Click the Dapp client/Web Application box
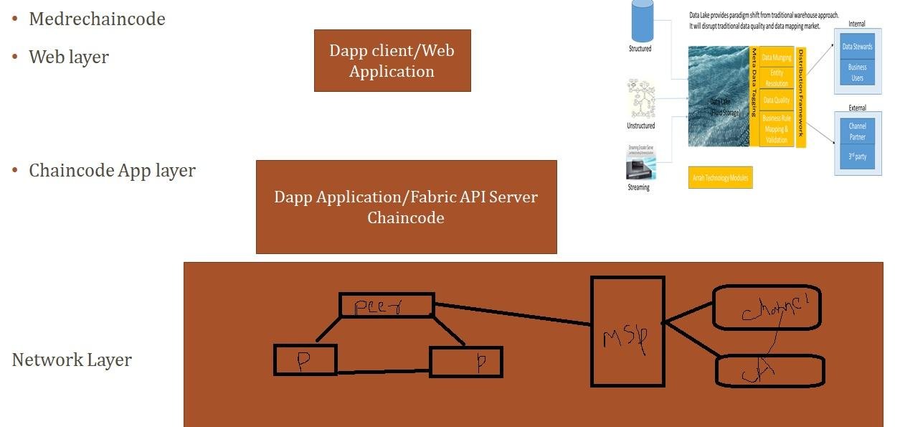tap(392, 60)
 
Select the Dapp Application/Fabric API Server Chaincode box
tap(406, 207)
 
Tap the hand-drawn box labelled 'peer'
tap(387, 305)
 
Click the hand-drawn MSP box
tap(627, 332)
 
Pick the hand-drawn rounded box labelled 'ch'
tap(770, 371)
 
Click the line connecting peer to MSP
tap(513, 314)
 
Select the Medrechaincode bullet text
tap(97, 19)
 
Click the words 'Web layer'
tap(69, 57)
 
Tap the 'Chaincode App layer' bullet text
tap(112, 171)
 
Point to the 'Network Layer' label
tap(72, 360)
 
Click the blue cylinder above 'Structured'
tap(642, 20)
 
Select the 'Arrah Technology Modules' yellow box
tap(720, 177)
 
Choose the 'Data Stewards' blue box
tap(857, 47)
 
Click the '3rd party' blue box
tap(857, 156)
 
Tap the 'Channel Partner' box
tap(857, 131)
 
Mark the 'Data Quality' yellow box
tap(777, 100)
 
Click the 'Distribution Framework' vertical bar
tap(801, 97)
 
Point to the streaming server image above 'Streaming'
tap(640, 161)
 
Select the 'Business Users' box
tap(857, 72)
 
